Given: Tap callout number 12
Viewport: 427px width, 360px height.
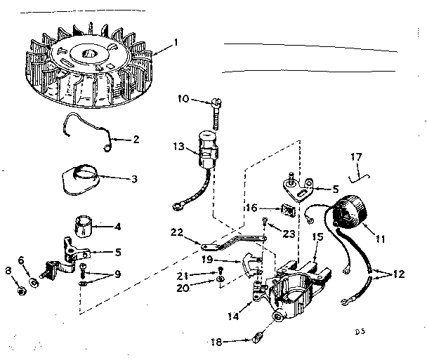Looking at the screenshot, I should pos(398,274).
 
